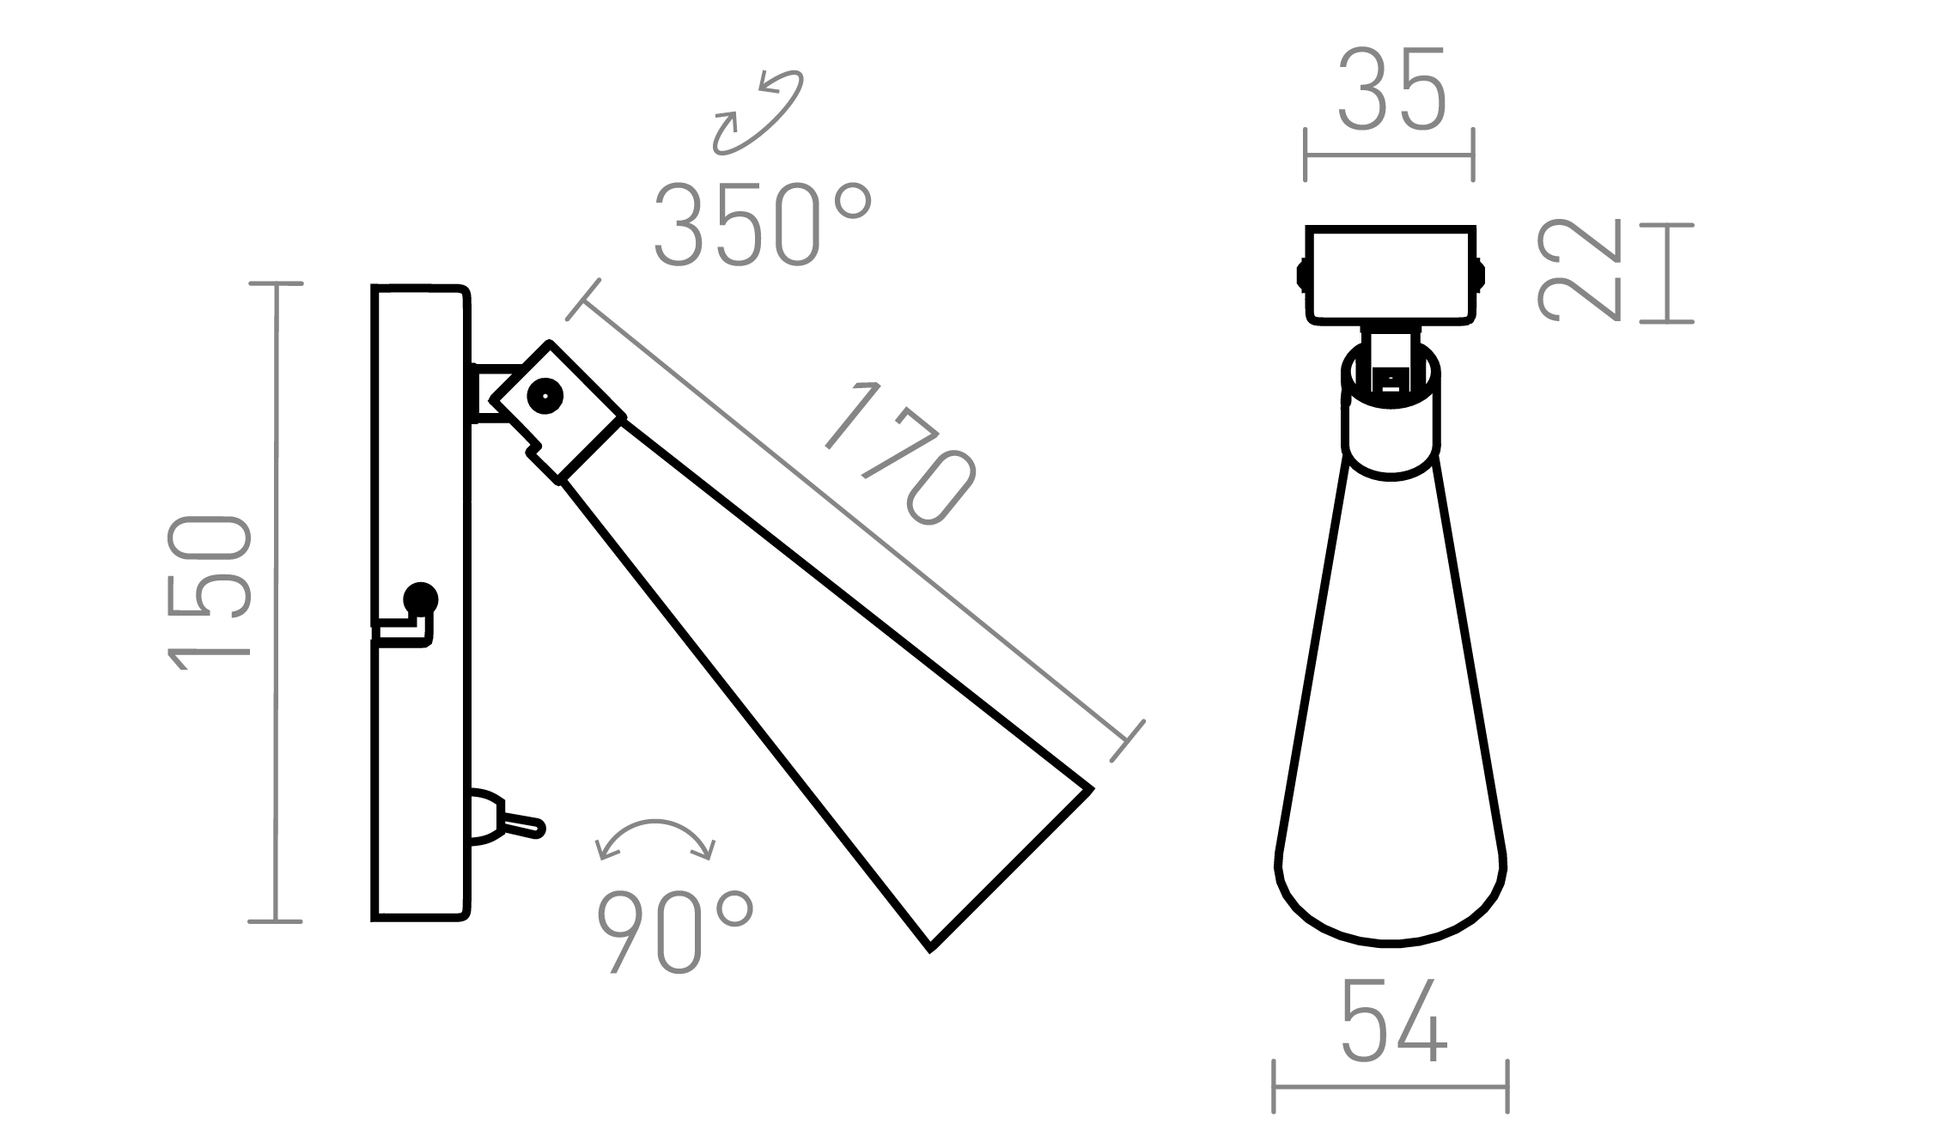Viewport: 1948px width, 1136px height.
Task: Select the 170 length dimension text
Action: tap(901, 453)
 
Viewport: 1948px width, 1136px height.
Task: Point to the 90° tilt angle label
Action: tap(676, 932)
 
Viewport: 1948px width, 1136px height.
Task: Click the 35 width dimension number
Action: tap(1392, 90)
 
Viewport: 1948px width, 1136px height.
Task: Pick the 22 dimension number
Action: tap(1578, 270)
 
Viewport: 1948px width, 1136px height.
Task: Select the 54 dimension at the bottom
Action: tap(1393, 1022)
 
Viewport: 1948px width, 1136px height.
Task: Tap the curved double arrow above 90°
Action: tap(655, 838)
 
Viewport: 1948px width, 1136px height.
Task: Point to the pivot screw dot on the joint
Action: tap(545, 396)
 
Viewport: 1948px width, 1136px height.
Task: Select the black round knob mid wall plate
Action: tap(420, 598)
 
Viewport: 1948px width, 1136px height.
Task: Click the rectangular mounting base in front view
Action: tap(1391, 275)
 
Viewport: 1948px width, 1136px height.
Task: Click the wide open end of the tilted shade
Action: tap(1014, 867)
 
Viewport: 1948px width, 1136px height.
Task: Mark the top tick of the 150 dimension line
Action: tap(276, 283)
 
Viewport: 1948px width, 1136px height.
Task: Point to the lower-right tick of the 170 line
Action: tap(1128, 741)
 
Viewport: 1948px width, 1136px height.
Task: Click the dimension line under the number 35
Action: tap(1390, 155)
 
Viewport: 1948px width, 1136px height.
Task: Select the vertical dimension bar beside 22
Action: tap(1666, 273)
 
